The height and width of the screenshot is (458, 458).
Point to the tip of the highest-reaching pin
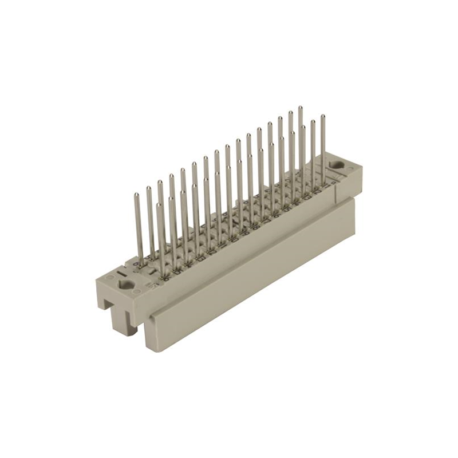(x=299, y=108)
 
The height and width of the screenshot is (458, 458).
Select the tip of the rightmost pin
(x=322, y=117)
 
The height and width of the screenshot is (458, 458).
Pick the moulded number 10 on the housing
(x=234, y=239)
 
